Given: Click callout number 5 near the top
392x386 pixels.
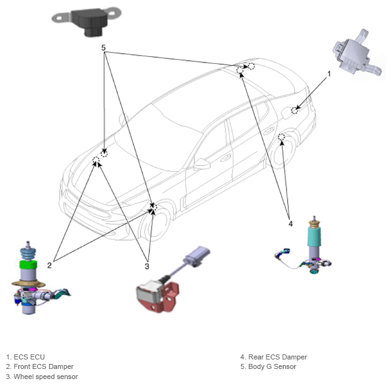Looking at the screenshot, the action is click(104, 47).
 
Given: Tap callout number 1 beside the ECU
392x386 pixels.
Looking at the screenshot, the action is click(329, 74).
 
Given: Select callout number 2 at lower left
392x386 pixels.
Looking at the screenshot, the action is click(49, 265).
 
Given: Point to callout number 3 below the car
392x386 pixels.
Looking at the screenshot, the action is click(147, 266).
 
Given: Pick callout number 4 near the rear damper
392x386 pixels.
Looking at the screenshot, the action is click(290, 224).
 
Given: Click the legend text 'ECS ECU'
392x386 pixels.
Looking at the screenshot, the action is click(29, 357).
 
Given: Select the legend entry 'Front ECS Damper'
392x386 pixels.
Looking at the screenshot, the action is click(44, 366).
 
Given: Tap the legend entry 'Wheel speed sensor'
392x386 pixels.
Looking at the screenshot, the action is click(45, 377).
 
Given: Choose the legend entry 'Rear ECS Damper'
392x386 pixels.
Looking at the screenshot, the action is click(278, 357).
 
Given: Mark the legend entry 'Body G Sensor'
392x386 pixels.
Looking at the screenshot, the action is click(272, 366).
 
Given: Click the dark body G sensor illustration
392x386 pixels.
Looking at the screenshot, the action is click(86, 21).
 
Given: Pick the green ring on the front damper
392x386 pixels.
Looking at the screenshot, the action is click(28, 265).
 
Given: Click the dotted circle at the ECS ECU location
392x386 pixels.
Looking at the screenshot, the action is click(295, 110).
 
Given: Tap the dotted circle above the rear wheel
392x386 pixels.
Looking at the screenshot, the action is click(282, 137).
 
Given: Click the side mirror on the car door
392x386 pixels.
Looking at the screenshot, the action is click(202, 164).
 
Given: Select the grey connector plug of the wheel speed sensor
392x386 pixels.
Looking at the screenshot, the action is click(198, 256).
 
